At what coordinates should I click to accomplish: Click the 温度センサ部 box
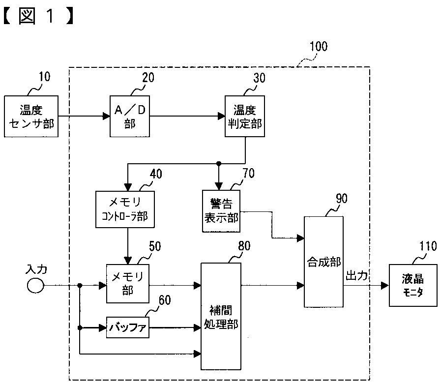click(x=31, y=116)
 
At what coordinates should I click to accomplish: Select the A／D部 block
click(x=130, y=116)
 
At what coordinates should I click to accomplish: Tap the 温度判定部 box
click(x=245, y=116)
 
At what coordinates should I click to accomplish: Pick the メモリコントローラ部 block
click(x=125, y=209)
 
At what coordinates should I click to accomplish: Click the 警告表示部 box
click(x=221, y=211)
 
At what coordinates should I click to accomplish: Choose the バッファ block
click(x=128, y=327)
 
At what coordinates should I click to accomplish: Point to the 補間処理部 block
click(x=221, y=316)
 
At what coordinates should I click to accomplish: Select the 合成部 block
click(x=323, y=262)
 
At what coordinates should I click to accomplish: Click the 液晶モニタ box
click(x=413, y=285)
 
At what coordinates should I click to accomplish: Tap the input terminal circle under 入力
click(x=35, y=286)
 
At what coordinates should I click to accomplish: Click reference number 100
click(x=319, y=46)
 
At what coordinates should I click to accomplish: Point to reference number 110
click(x=428, y=246)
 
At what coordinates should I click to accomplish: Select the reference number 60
click(x=165, y=300)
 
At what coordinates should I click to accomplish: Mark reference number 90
click(x=342, y=198)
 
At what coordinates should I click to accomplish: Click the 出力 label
click(x=356, y=275)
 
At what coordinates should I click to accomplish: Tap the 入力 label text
click(x=36, y=269)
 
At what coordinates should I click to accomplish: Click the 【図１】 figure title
click(x=39, y=16)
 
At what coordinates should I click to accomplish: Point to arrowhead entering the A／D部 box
click(x=106, y=116)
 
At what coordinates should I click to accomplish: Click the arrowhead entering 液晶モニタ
click(x=385, y=286)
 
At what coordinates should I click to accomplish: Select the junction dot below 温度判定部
click(x=219, y=163)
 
